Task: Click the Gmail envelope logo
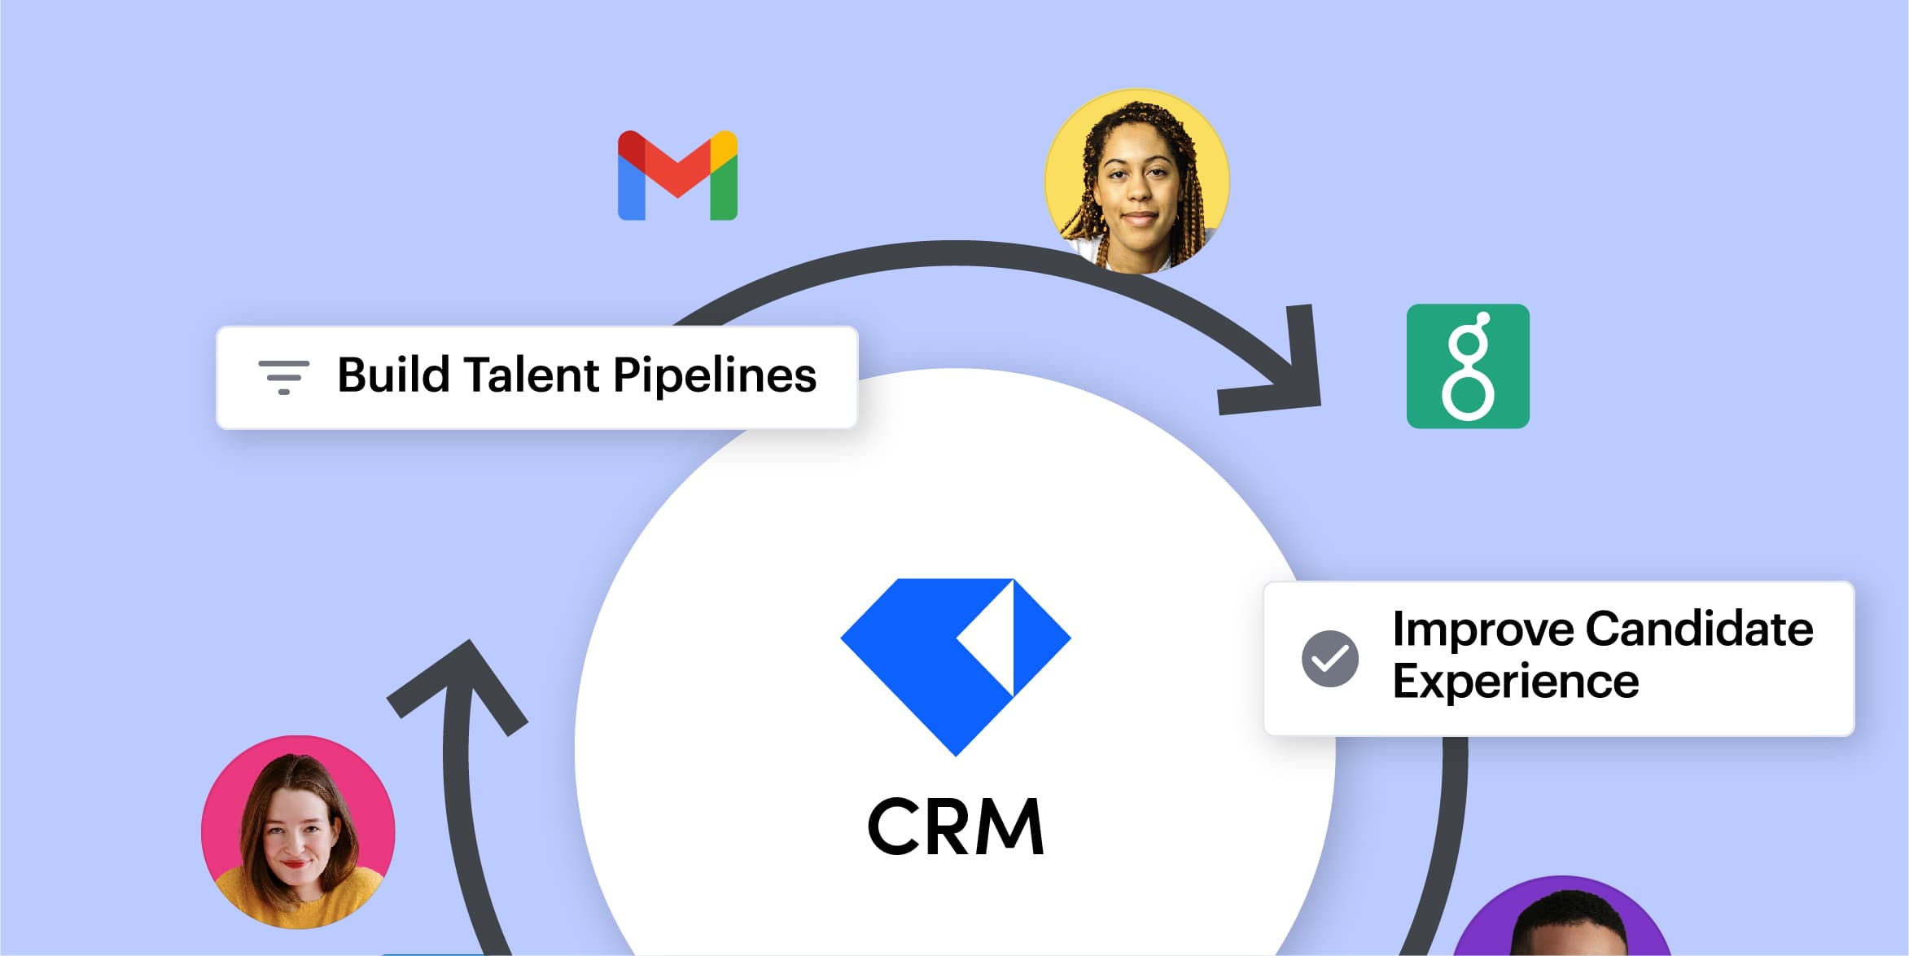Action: click(677, 176)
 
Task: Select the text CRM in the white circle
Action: click(956, 827)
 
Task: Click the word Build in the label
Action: click(393, 375)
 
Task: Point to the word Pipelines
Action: click(714, 375)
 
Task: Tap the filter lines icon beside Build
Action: click(283, 377)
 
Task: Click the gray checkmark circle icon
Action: click(1329, 658)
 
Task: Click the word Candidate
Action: click(1699, 629)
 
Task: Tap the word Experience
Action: click(1515, 682)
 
